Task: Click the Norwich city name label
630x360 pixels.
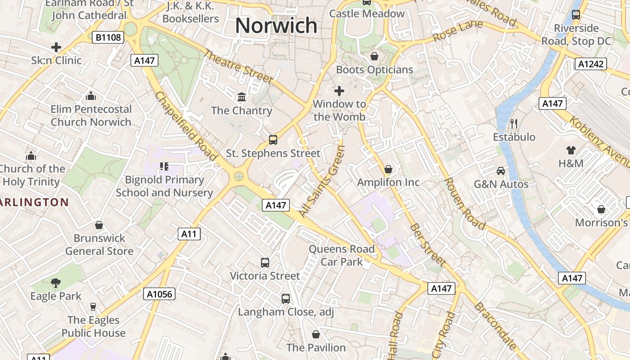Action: [x=276, y=26]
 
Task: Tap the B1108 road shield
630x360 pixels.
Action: [x=108, y=37]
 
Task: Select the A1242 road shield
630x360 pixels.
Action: [x=590, y=64]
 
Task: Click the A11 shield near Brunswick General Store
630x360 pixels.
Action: [x=189, y=234]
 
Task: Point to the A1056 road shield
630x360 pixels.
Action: [x=159, y=294]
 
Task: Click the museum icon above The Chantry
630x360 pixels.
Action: [x=242, y=97]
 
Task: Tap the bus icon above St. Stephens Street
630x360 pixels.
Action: [x=273, y=139]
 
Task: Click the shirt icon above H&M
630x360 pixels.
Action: [x=571, y=150]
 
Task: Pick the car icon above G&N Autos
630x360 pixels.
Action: [x=501, y=171]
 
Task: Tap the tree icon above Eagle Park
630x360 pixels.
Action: [x=56, y=283]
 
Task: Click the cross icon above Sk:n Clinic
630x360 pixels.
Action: [x=56, y=47]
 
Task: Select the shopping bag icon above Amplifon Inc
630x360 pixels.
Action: [x=388, y=169]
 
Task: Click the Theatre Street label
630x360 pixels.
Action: [x=238, y=67]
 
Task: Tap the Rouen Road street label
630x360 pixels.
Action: [x=465, y=203]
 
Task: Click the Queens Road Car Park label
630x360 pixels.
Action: [x=342, y=255]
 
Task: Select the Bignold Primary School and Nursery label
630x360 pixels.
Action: [x=164, y=186]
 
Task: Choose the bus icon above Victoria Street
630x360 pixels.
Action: [x=265, y=262]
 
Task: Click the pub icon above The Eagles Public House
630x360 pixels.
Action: [x=93, y=307]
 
